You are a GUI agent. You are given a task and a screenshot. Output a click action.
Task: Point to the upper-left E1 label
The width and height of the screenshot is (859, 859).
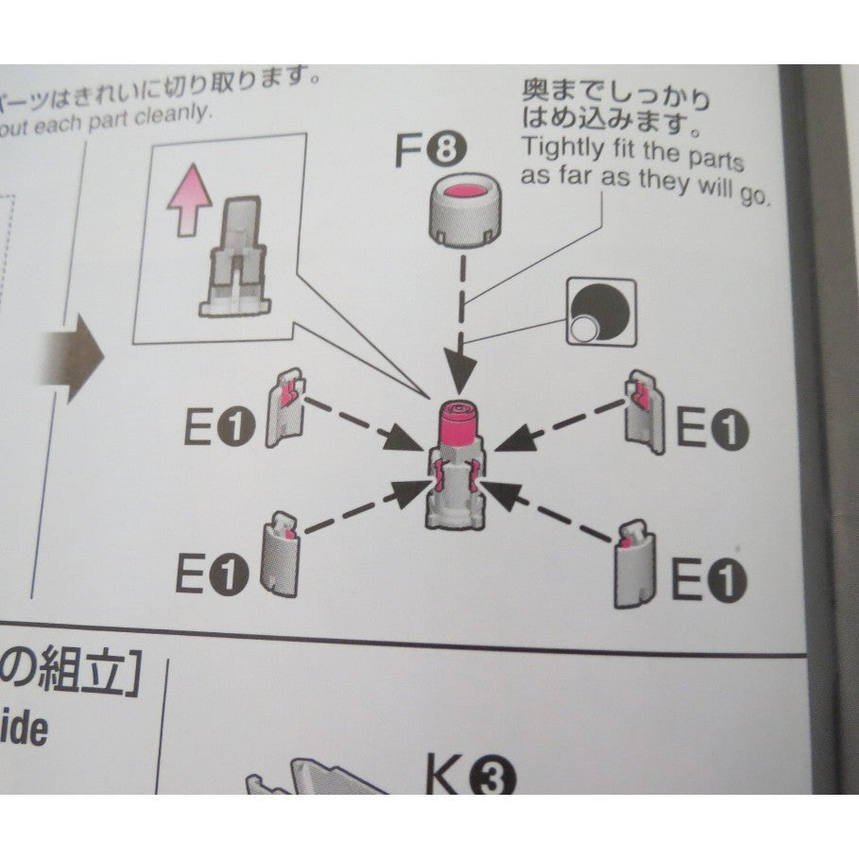(x=219, y=429)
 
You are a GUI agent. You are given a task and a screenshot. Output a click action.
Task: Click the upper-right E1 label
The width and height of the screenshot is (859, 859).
(x=712, y=431)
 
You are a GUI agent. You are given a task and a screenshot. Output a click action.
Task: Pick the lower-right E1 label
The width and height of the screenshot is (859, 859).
(x=708, y=578)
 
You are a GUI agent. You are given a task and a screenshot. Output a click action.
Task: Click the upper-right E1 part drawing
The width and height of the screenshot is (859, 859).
(x=646, y=405)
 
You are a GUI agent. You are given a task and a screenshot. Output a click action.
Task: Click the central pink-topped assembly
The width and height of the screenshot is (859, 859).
(x=458, y=463)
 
